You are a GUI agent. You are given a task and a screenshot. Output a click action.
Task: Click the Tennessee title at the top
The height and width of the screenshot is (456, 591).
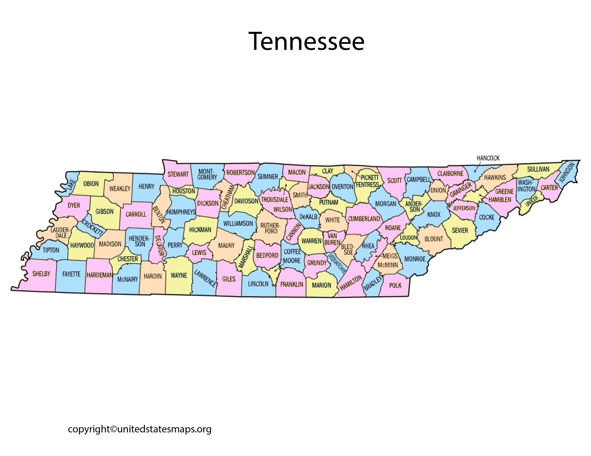[x=306, y=41]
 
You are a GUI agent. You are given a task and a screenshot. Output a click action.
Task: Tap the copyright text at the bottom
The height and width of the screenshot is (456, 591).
[x=140, y=429]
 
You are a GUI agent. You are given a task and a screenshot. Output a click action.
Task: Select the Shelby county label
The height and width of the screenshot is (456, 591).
[x=41, y=274]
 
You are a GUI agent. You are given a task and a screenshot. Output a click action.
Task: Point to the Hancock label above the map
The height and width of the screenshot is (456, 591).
[x=488, y=158]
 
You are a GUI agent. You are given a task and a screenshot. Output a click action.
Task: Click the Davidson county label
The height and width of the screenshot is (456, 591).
[x=246, y=201]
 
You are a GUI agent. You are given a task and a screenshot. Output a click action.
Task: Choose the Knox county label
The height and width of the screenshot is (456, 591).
[x=434, y=215]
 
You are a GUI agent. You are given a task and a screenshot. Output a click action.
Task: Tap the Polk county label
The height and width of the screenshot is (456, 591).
[x=395, y=285]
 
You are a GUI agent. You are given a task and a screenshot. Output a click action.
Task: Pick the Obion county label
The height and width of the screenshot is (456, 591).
[x=91, y=184]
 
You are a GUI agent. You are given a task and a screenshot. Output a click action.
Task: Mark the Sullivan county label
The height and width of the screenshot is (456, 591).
[x=538, y=169]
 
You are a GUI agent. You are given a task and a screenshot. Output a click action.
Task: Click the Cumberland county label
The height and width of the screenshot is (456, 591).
[x=364, y=219]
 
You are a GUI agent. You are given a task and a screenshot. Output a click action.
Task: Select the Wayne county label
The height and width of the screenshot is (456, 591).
[x=179, y=275]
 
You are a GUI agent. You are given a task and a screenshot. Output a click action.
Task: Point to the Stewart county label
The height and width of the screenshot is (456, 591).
[x=178, y=174]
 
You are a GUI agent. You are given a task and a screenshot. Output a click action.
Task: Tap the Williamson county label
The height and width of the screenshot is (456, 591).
[x=238, y=224]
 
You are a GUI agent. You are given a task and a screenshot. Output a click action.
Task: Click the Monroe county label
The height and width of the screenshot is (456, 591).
[x=415, y=259]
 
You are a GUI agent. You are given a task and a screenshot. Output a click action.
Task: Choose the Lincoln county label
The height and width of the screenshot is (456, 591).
[x=258, y=284]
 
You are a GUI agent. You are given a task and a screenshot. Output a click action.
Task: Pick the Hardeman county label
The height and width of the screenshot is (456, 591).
[x=100, y=275]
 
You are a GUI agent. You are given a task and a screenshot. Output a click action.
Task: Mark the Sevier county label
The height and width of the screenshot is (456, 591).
[x=460, y=230]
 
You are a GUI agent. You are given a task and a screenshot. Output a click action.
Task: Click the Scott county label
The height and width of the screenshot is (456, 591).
[x=394, y=181]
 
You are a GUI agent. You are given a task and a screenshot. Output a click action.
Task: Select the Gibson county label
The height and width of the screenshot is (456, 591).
[x=104, y=212]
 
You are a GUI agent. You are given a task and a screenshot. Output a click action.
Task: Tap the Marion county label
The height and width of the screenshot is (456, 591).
[x=321, y=285]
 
